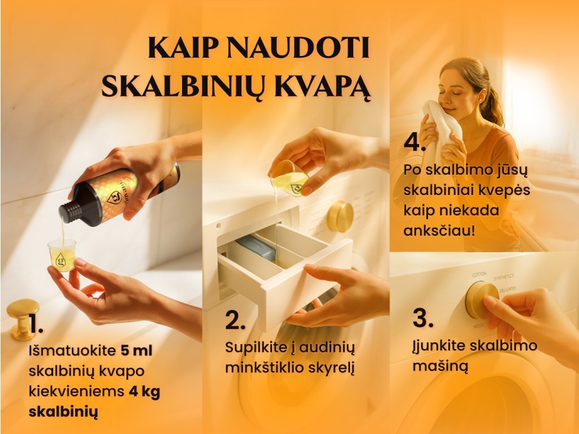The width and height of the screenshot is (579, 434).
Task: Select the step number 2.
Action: coord(235,320)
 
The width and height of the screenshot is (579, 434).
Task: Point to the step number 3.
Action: coord(423,318)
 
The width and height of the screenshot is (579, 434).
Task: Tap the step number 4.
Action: coord(415,142)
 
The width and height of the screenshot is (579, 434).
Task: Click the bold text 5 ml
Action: coord(136,350)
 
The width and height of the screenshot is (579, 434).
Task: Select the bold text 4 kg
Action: coord(144,392)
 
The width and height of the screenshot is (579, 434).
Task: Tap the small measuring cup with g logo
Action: coord(62,255)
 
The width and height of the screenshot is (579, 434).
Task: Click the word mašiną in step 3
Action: coord(440,366)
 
